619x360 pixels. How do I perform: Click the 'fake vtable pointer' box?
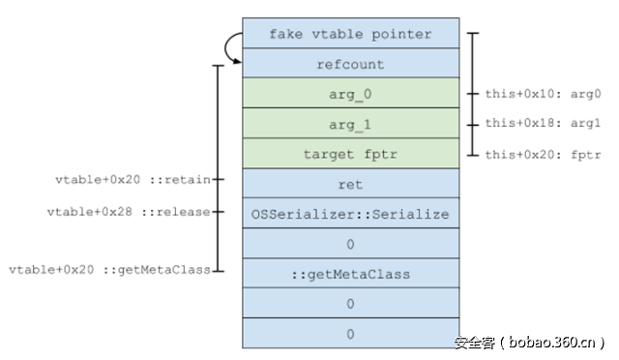tap(349, 35)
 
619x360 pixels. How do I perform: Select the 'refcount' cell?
tap(349, 65)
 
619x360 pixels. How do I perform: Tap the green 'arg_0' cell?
tap(349, 95)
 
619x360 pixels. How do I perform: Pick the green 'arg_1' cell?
tap(349, 125)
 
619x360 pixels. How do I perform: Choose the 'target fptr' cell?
tap(349, 155)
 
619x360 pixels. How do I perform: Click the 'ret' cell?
tap(349, 184)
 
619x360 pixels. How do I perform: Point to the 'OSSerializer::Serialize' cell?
tap(349, 214)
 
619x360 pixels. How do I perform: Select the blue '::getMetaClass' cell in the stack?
tap(349, 274)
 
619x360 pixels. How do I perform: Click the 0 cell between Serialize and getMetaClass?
tap(349, 244)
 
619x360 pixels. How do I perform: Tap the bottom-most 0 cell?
tap(349, 334)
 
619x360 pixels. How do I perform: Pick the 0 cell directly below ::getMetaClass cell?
tap(349, 304)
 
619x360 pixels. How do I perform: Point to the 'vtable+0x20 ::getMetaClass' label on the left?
tap(109, 270)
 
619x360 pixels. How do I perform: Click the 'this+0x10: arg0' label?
tap(543, 95)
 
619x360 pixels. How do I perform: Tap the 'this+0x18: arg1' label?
tap(543, 125)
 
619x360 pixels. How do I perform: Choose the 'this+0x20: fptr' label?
tap(543, 155)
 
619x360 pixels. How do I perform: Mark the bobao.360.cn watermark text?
tap(531, 342)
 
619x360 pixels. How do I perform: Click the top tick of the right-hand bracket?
tap(472, 35)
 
